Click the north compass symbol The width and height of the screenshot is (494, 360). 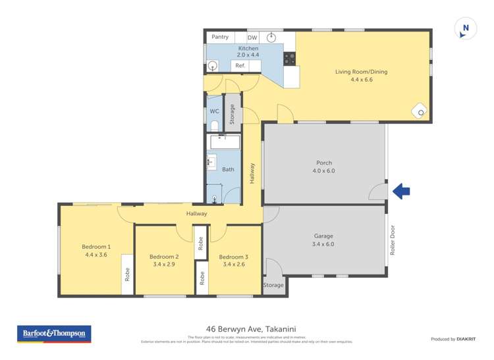[466, 28]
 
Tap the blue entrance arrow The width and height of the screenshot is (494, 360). [401, 192]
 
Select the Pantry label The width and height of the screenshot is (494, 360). [220, 38]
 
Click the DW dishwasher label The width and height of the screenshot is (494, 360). [252, 38]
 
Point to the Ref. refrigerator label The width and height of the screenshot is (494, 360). [240, 66]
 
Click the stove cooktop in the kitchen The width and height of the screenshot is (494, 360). [289, 59]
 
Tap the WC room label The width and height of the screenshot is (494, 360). [214, 111]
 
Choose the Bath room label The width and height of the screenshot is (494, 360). [228, 169]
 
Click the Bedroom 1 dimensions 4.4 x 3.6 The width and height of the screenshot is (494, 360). [96, 255]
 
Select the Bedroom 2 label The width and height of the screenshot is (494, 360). [164, 257]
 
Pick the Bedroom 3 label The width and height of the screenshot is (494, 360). [234, 257]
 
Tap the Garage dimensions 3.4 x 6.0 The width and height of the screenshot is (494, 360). [323, 244]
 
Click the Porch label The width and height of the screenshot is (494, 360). [324, 163]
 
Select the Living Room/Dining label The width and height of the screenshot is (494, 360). [354, 71]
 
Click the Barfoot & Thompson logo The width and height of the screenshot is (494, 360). [54, 334]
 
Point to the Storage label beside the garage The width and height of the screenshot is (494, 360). [273, 285]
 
